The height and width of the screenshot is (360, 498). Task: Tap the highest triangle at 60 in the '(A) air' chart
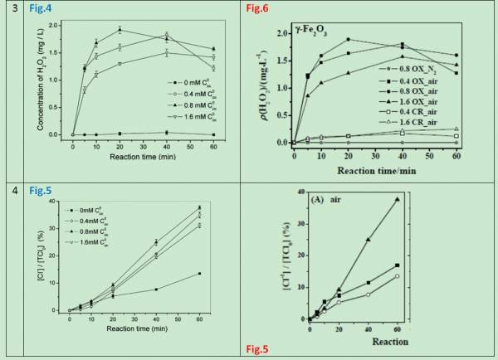[467, 199]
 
